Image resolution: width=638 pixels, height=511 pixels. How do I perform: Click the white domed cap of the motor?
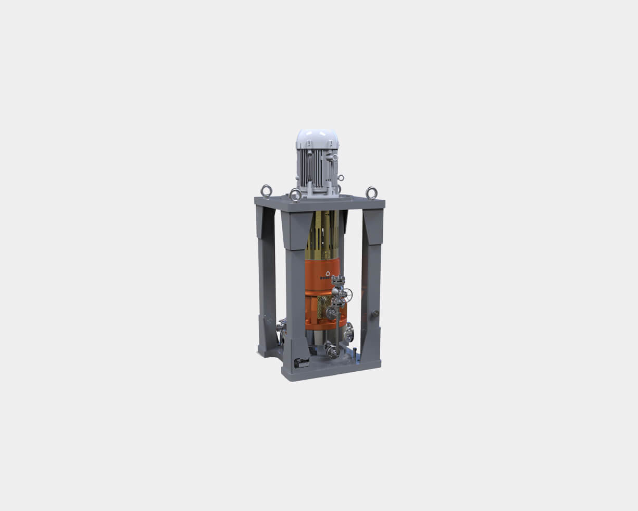point(317,138)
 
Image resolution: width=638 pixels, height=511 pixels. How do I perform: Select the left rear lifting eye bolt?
point(266,191)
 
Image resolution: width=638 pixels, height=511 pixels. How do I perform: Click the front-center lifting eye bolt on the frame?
point(295,195)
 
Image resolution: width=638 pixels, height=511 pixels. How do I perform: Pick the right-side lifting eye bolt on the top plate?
point(371,192)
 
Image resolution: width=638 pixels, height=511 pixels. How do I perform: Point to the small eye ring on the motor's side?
point(341,178)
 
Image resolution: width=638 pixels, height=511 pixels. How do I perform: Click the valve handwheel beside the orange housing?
point(345,295)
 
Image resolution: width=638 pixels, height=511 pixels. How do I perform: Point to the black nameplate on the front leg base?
point(301,362)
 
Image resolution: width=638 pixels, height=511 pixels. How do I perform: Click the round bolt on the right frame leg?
point(374,314)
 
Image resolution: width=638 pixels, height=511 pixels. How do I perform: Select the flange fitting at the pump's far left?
point(281,325)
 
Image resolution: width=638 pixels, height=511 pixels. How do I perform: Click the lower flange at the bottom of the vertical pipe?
point(331,350)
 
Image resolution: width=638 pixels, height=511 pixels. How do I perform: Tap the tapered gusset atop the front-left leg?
point(296,229)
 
